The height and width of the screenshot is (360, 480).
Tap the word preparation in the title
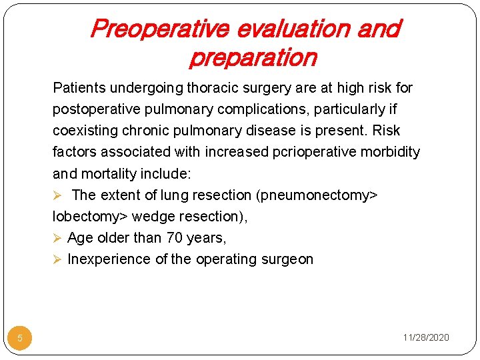(253, 58)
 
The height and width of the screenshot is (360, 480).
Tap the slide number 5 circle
(20, 338)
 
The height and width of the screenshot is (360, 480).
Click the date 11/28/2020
(426, 337)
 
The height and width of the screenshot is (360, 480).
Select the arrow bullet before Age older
(57, 238)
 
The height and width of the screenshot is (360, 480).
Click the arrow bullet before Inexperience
(57, 259)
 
